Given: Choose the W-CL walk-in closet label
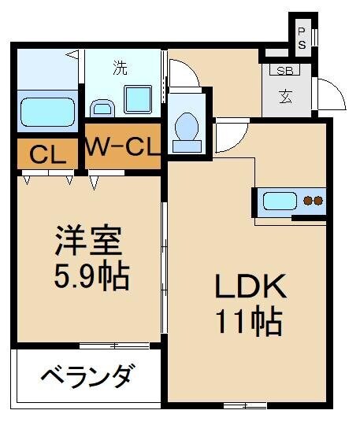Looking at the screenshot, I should pos(122,146).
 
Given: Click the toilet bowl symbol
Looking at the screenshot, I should pos(187,126).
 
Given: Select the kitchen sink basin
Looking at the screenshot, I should pos(279,201).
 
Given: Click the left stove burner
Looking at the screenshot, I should pos(309,201).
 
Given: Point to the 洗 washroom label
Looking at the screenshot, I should pos(120,68).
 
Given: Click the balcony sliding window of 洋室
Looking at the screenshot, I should pos(114,345).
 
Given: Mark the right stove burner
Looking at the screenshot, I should pos(318,201).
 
